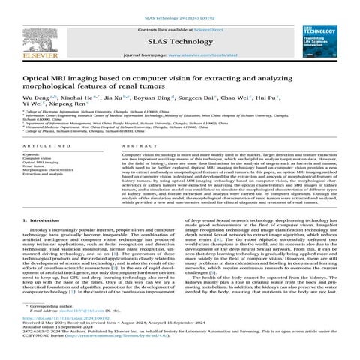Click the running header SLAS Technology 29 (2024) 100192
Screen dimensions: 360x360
point(179,4)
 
